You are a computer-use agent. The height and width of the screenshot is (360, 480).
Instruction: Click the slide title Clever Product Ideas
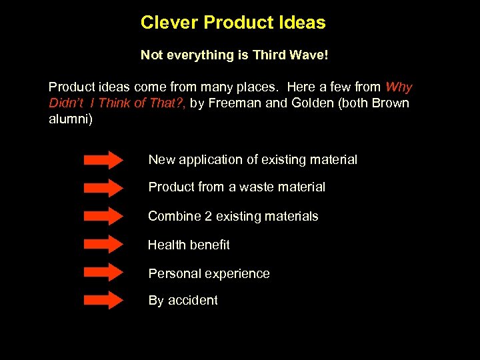233,23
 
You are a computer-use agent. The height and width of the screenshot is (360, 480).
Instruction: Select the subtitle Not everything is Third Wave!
234,55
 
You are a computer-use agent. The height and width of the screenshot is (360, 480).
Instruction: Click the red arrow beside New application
103,160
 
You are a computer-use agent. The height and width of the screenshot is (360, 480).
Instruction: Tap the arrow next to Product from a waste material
103,188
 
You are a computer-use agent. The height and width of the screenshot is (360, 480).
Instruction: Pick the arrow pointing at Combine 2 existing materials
103,217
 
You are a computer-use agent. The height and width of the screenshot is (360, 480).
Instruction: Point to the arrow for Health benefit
103,245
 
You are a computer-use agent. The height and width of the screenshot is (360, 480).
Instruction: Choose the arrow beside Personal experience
103,273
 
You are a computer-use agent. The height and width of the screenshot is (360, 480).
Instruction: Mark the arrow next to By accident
103,301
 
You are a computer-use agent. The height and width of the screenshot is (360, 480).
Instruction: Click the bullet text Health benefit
189,245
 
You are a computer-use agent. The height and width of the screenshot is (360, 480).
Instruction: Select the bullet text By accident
183,301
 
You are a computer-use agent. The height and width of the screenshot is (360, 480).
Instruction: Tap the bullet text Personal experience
209,273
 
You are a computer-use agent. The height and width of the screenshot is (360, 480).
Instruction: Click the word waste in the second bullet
257,187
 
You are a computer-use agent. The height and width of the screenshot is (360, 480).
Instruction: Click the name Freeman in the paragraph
231,103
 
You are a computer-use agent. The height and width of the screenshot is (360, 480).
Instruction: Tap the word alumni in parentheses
68,119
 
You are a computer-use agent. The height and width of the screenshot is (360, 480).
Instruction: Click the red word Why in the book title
399,87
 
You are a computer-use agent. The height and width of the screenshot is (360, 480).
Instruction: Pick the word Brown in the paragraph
391,103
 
